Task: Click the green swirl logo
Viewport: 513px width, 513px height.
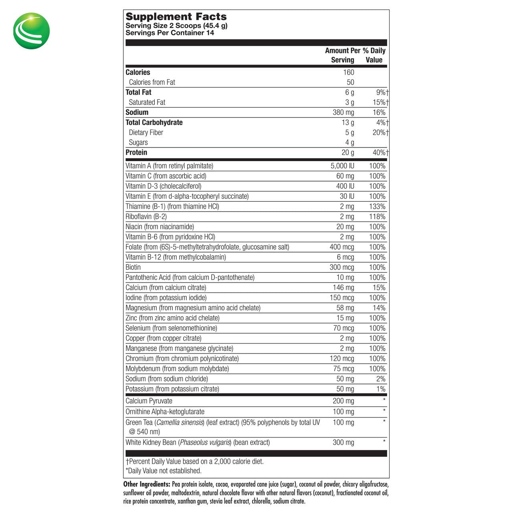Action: point(31,31)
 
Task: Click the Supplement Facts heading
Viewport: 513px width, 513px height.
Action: point(176,17)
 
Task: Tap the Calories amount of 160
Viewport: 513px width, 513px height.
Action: point(348,73)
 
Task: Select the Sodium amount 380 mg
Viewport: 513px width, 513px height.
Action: point(343,113)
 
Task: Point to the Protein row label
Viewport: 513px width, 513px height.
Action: point(136,153)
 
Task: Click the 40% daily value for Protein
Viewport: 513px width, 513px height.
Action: point(380,153)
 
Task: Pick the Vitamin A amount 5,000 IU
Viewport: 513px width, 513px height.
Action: point(342,166)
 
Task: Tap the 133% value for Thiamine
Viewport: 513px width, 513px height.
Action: point(377,206)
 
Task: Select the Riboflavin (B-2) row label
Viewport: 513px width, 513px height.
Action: point(146,217)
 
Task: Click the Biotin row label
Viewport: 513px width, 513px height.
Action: point(133,267)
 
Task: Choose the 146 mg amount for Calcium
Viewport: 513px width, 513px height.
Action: point(343,288)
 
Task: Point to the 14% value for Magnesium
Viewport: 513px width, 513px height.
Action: point(379,308)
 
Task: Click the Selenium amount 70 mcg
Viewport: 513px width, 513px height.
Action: point(343,328)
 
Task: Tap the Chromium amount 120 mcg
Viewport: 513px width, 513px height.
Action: point(342,359)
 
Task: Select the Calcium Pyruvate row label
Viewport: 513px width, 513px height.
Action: point(149,401)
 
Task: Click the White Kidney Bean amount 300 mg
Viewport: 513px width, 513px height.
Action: point(343,443)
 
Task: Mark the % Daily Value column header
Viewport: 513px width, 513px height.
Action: point(374,55)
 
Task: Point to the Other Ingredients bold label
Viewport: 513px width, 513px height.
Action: point(147,485)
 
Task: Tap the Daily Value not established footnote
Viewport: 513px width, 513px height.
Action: point(164,471)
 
